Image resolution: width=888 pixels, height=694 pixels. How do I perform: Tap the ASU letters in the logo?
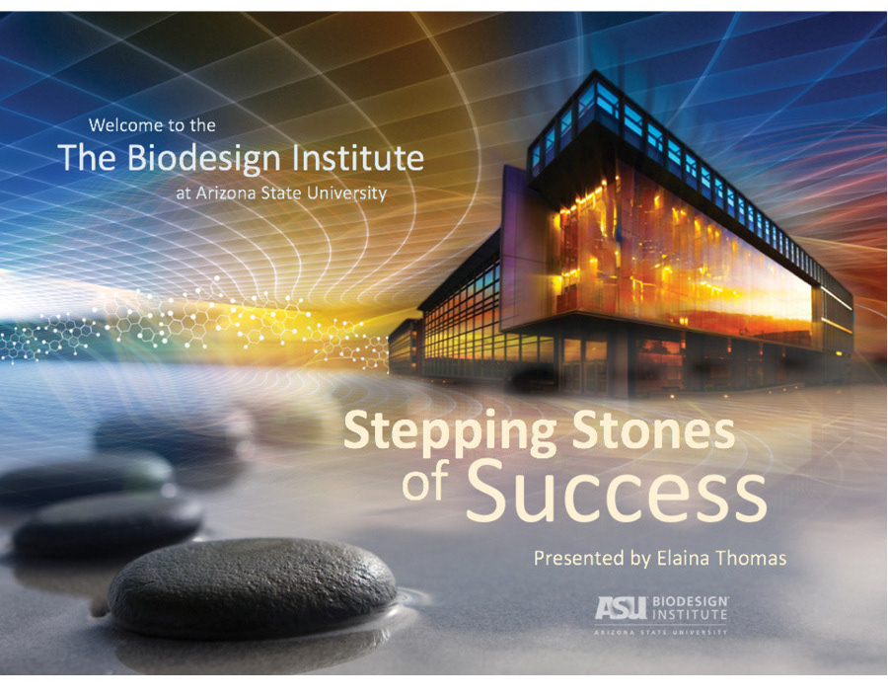pos(621,608)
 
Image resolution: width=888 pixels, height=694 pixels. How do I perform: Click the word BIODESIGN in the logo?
pos(691,601)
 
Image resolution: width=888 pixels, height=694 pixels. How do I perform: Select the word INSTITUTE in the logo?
pos(691,614)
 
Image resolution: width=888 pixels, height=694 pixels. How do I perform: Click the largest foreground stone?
pos(253,587)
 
